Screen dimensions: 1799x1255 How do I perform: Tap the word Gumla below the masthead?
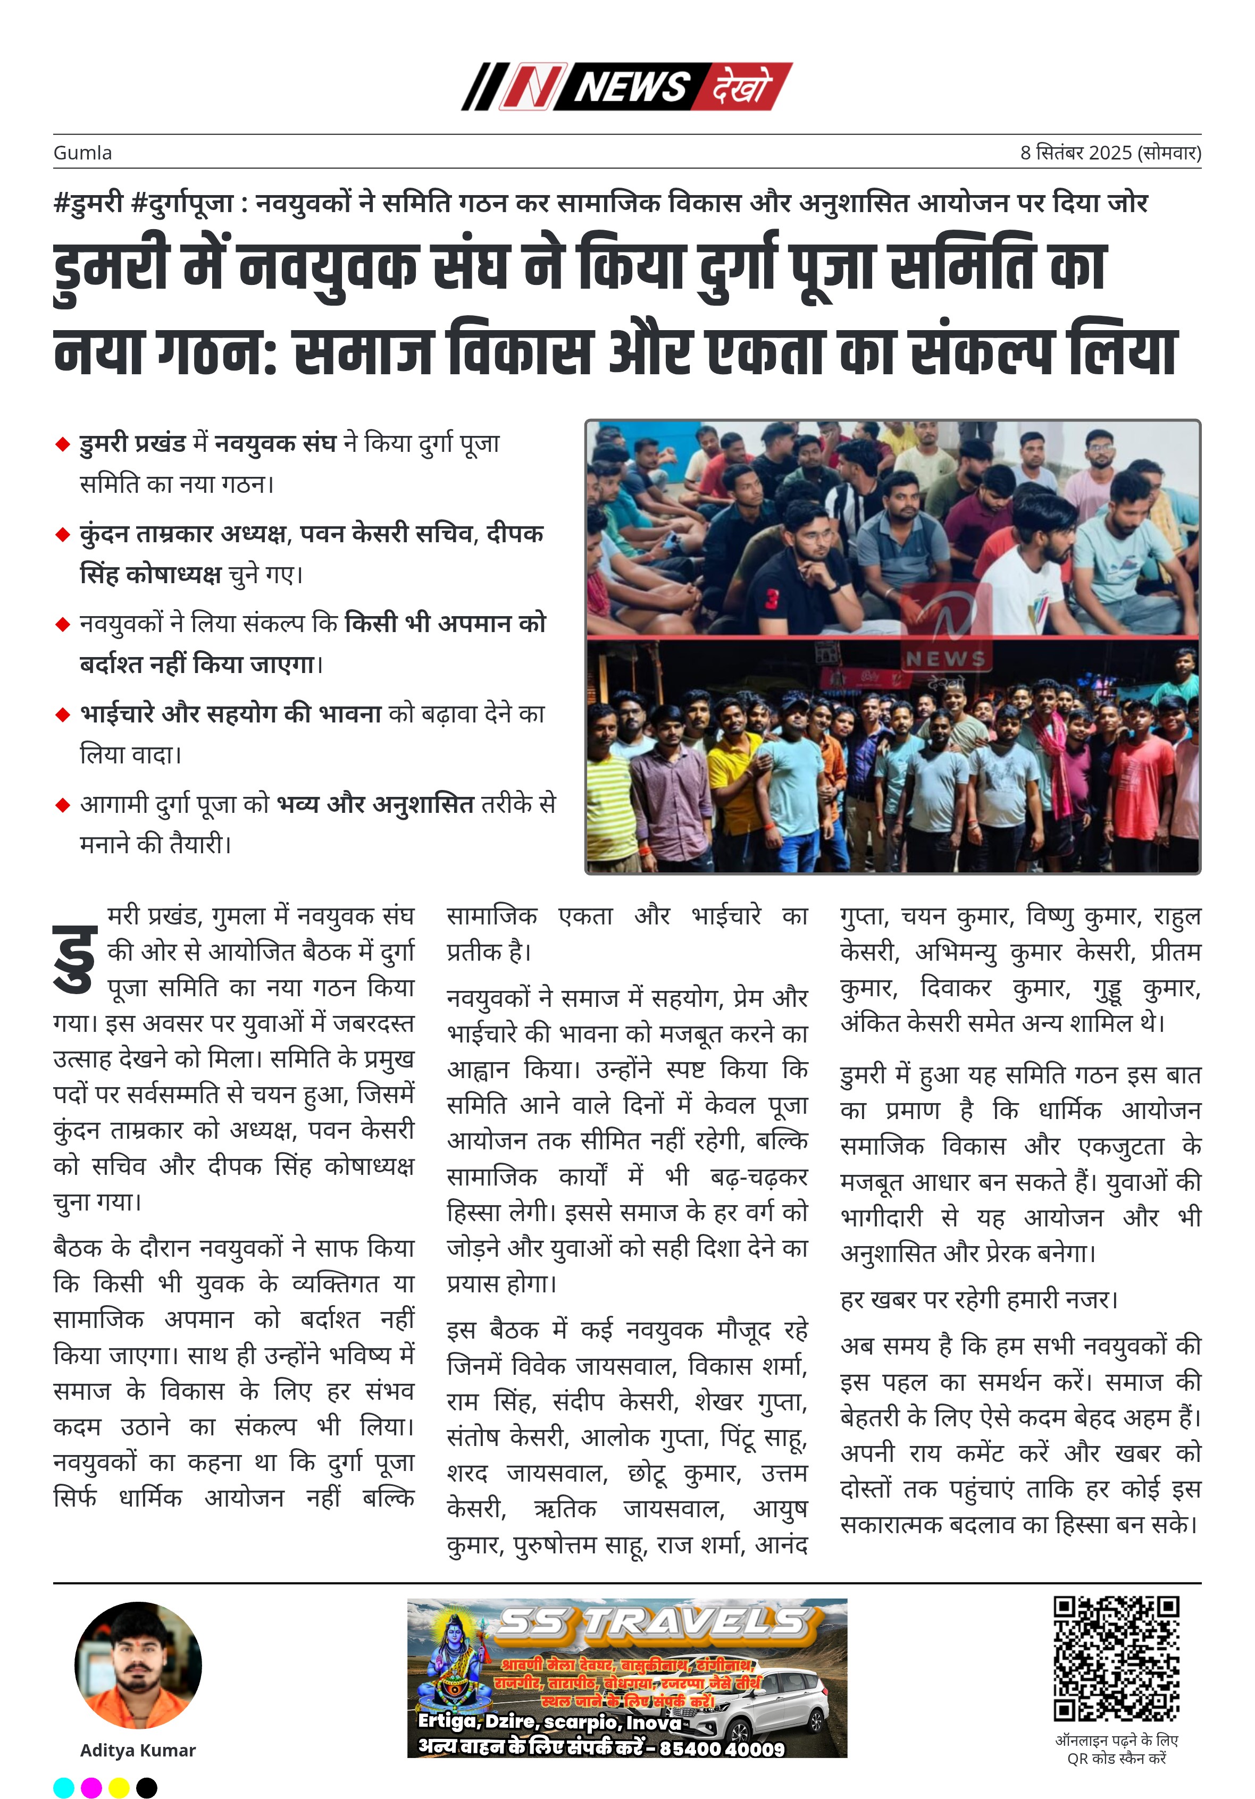tap(82, 153)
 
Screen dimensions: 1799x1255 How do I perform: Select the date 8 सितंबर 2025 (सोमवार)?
tap(1110, 153)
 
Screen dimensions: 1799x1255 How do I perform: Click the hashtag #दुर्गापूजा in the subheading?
tap(182, 204)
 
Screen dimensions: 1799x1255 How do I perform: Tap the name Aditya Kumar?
tap(138, 1751)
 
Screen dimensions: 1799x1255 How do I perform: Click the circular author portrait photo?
tap(138, 1666)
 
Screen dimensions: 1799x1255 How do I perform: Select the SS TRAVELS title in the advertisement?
tap(652, 1624)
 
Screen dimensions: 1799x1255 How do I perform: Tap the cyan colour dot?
tap(63, 1787)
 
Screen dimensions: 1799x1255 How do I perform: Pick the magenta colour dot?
tap(91, 1787)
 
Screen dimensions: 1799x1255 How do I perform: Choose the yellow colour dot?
tap(119, 1787)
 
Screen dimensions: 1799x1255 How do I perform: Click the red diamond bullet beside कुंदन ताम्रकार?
tap(63, 535)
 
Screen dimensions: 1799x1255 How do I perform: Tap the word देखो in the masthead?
tap(741, 86)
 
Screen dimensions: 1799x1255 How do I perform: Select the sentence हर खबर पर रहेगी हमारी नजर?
tap(978, 1300)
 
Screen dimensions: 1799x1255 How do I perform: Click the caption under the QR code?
tap(1116, 1750)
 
